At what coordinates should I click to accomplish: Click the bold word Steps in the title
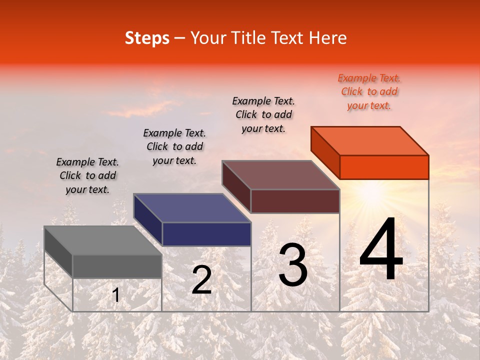tap(147, 38)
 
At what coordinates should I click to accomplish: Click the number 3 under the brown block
tap(293, 265)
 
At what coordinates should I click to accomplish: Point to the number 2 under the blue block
tap(201, 280)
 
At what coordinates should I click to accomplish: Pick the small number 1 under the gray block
tap(116, 295)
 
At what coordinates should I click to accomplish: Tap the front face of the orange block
tap(384, 167)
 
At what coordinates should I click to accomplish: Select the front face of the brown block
tap(295, 201)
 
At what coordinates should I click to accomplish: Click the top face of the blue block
tap(192, 208)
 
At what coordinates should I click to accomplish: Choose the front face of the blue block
tap(206, 234)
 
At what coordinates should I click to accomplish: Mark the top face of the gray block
tap(103, 240)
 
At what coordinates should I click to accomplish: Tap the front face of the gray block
tap(117, 266)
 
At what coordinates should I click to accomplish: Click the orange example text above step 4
tap(369, 91)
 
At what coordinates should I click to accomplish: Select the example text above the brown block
tap(263, 114)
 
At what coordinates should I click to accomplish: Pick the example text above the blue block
tap(174, 146)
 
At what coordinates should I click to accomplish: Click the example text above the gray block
tap(87, 175)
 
